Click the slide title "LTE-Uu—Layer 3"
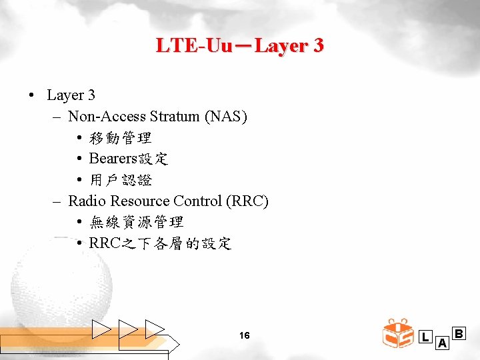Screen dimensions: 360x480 click(240, 46)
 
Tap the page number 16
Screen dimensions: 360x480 click(244, 335)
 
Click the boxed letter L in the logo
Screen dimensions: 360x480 click(425, 337)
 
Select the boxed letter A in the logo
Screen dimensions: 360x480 click(441, 343)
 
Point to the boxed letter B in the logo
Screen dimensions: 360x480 click(459, 333)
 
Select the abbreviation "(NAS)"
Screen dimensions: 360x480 click(227, 117)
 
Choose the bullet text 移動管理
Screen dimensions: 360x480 click(121, 138)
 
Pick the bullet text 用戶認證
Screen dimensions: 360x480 click(121, 180)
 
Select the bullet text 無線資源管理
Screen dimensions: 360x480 click(137, 222)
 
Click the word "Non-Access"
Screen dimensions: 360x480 click(107, 117)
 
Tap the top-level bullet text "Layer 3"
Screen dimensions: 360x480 click(71, 95)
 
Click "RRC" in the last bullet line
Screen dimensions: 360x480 click(103, 243)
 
